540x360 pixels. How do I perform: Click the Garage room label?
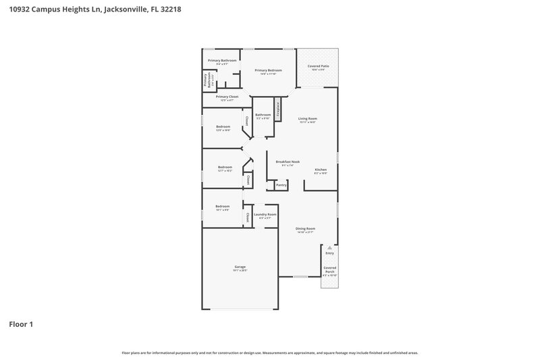click(x=240, y=266)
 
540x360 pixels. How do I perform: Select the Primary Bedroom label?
click(x=268, y=70)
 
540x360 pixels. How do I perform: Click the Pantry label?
click(x=281, y=184)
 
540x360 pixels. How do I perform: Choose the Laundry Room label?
click(x=265, y=214)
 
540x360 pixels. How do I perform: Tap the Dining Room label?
click(x=305, y=228)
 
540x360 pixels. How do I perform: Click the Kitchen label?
click(x=321, y=170)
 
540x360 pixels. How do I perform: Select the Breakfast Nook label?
click(x=288, y=161)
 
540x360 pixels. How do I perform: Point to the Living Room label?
click(x=308, y=118)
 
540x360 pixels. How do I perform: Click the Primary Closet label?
click(x=227, y=97)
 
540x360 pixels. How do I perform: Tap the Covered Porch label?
click(x=329, y=269)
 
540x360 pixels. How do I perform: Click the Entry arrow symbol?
click(x=329, y=248)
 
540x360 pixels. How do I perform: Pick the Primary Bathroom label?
click(x=222, y=60)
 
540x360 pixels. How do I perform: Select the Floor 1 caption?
click(x=21, y=324)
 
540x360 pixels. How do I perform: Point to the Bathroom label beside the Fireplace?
click(x=263, y=115)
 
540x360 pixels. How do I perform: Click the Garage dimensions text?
click(x=240, y=270)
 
